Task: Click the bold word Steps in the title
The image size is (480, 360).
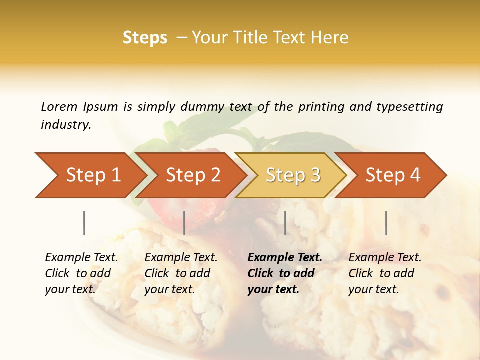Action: tap(145, 38)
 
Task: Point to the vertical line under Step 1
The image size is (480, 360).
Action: tap(84, 223)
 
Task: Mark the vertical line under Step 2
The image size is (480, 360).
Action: tap(184, 223)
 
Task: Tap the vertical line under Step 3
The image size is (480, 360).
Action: tap(285, 223)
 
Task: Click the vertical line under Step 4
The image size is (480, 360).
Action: tap(386, 223)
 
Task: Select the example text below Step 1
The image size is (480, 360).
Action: tap(81, 273)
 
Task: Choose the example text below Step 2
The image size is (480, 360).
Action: tap(181, 273)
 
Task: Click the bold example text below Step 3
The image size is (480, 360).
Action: tap(284, 273)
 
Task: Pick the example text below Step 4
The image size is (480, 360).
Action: tap(385, 273)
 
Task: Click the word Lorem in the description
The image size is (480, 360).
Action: tap(59, 107)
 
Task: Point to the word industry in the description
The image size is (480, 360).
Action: tap(65, 125)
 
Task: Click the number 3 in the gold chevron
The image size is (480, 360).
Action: tap(315, 175)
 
